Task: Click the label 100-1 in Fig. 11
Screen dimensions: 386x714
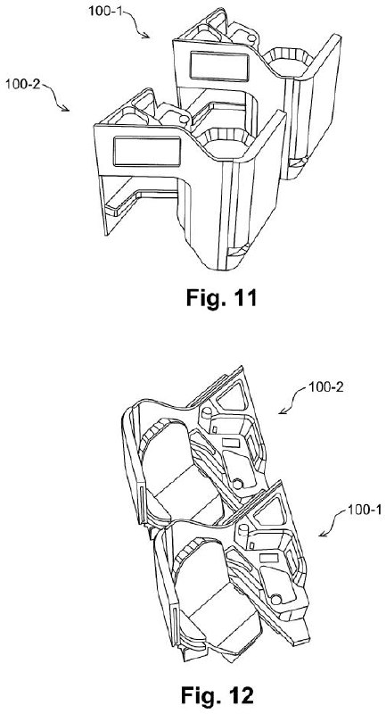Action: (x=105, y=10)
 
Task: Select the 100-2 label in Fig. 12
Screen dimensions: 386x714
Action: (x=325, y=387)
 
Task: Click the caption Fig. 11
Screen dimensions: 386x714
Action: (x=221, y=297)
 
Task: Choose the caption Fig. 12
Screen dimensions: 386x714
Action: (x=217, y=695)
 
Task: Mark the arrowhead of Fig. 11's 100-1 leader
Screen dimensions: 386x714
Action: (x=146, y=36)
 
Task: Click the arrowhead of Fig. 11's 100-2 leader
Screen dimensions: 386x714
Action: (x=66, y=108)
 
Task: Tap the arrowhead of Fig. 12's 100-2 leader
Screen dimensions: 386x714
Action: (x=282, y=411)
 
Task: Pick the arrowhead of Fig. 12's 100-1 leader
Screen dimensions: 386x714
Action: (x=322, y=533)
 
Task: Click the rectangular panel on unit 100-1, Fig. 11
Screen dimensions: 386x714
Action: (x=219, y=66)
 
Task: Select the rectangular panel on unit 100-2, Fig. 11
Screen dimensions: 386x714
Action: (x=147, y=151)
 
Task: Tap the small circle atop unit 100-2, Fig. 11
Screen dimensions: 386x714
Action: (x=185, y=120)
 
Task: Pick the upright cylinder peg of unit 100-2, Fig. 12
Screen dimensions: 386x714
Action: (x=207, y=413)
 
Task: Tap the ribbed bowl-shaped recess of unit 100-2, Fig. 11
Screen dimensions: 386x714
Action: (x=226, y=138)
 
